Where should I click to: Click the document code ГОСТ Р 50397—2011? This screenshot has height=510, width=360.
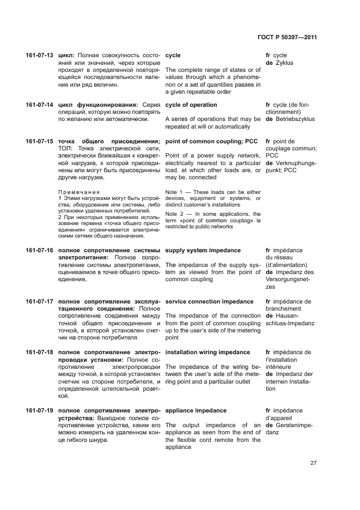pyautogui.click(x=287, y=38)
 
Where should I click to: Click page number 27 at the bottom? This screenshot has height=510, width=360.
pyautogui.click(x=313, y=463)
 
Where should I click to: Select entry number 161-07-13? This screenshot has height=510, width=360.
pyautogui.click(x=39, y=56)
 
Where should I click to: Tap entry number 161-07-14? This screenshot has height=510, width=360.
pyautogui.click(x=39, y=105)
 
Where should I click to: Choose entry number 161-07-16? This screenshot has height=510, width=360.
pyautogui.click(x=39, y=251)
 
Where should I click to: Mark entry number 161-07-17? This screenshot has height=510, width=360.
pyautogui.click(x=39, y=302)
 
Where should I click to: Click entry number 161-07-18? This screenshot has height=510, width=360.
pyautogui.click(x=39, y=353)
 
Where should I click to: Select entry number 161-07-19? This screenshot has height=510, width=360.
pyautogui.click(x=39, y=411)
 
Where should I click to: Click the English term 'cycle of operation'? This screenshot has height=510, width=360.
pyautogui.click(x=191, y=105)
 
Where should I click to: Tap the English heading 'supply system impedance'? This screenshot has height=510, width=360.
pyautogui.click(x=203, y=251)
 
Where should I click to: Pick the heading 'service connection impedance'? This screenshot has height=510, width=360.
pyautogui.click(x=209, y=302)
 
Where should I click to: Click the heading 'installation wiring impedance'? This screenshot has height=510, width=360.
pyautogui.click(x=208, y=353)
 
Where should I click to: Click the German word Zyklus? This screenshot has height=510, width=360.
pyautogui.click(x=284, y=63)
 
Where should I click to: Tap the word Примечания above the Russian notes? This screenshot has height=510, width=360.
pyautogui.click(x=79, y=192)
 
